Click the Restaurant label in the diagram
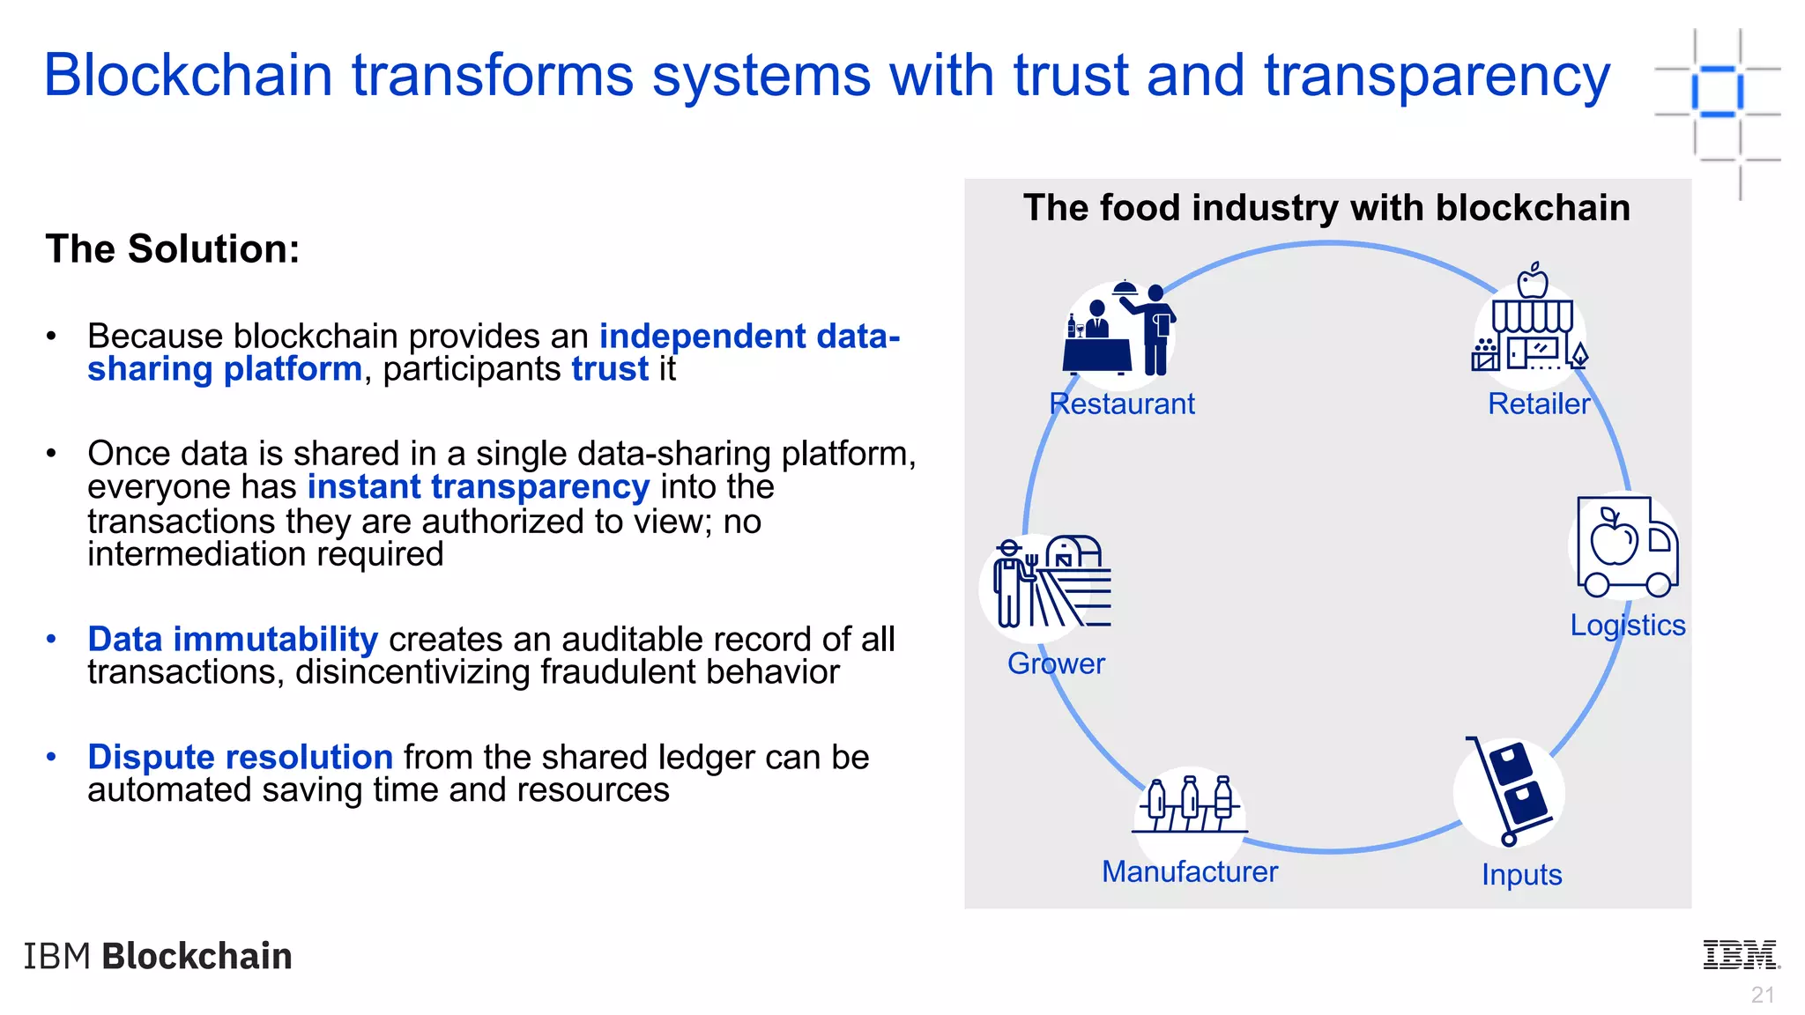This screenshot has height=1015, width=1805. click(x=1122, y=404)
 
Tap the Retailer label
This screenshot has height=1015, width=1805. click(x=1539, y=404)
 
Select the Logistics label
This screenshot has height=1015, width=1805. click(x=1627, y=625)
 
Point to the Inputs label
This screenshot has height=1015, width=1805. click(x=1521, y=875)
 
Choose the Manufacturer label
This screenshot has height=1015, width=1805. click(x=1189, y=871)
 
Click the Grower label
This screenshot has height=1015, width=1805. click(x=1056, y=663)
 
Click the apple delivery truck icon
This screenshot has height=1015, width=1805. click(x=1627, y=547)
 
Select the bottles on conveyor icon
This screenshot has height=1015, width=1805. click(x=1190, y=804)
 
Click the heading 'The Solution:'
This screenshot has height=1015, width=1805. click(x=173, y=249)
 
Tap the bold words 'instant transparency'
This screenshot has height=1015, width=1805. click(x=479, y=486)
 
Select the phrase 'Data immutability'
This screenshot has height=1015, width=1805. click(x=233, y=639)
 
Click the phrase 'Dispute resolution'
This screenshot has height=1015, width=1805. click(x=240, y=757)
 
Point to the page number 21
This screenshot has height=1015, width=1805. click(x=1762, y=995)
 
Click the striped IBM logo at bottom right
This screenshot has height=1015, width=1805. click(x=1741, y=955)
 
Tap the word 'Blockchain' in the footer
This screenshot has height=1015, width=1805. click(x=197, y=956)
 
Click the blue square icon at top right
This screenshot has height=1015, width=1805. click(x=1717, y=91)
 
